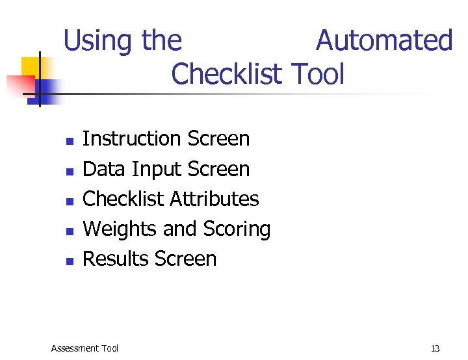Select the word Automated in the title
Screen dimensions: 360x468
point(383,40)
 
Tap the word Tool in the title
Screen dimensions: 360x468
point(318,74)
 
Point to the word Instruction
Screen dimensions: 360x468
point(132,138)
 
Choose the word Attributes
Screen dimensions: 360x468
point(215,199)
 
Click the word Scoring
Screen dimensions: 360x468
point(237,229)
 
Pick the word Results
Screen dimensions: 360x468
point(116,259)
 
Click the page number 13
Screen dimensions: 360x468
point(435,348)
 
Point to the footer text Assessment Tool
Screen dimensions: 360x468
point(84,348)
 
